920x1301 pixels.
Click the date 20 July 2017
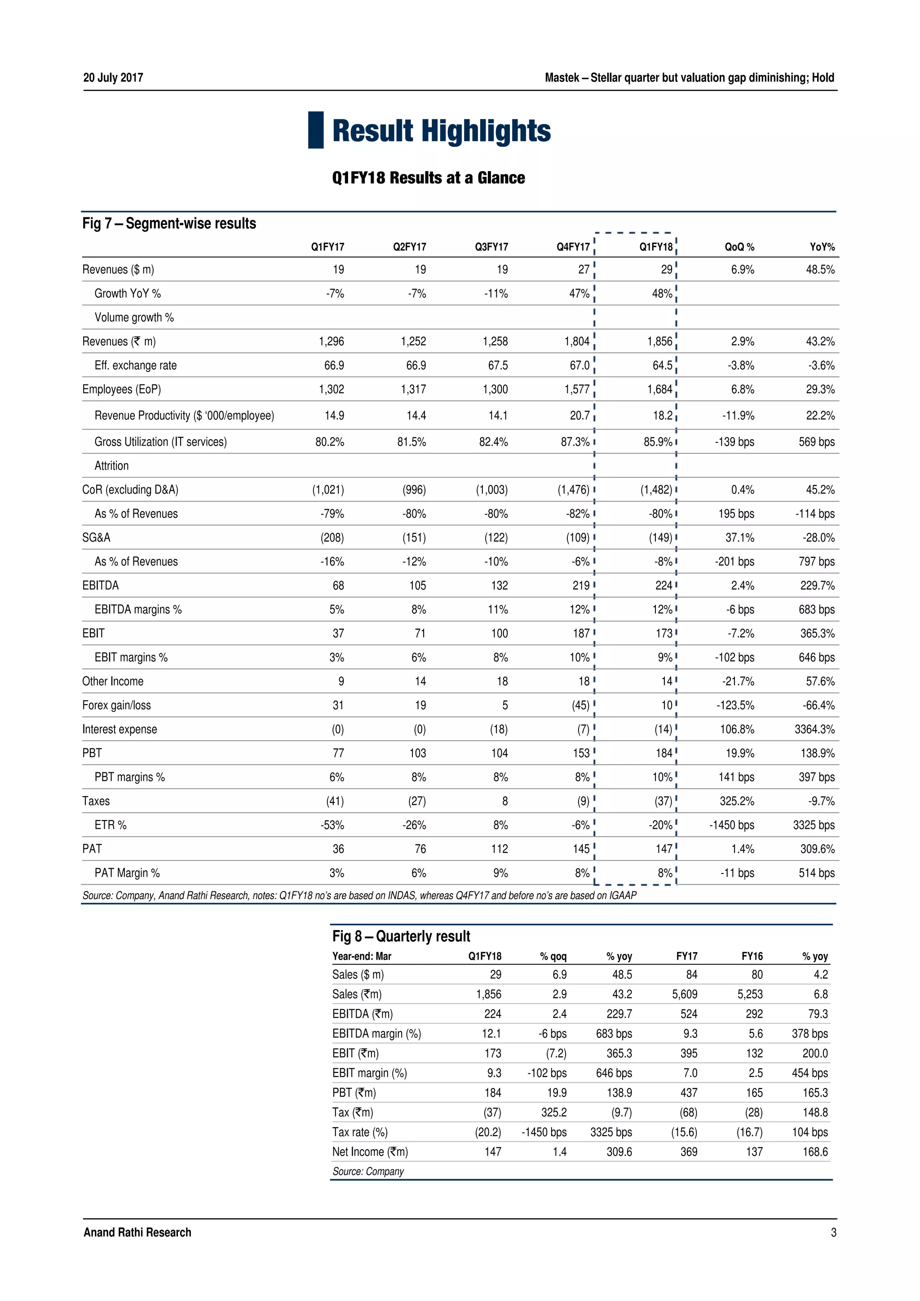point(113,78)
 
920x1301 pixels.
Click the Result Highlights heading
point(441,130)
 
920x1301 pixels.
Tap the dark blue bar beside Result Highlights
point(316,130)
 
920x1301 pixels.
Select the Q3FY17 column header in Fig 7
point(491,247)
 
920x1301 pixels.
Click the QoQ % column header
point(739,247)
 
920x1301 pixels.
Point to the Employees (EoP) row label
point(121,389)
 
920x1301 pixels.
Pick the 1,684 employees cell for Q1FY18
point(659,389)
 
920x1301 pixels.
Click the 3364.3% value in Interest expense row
point(814,729)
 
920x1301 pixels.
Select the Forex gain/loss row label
point(116,706)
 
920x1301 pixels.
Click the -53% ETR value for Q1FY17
point(332,825)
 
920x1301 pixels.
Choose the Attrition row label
point(112,466)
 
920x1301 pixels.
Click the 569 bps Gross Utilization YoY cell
point(816,442)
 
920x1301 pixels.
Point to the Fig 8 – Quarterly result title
point(401,936)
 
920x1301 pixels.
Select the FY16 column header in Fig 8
point(752,957)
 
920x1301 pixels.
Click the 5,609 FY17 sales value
point(685,994)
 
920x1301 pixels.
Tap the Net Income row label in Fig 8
point(370,1151)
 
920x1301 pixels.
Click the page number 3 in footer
point(833,1232)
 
